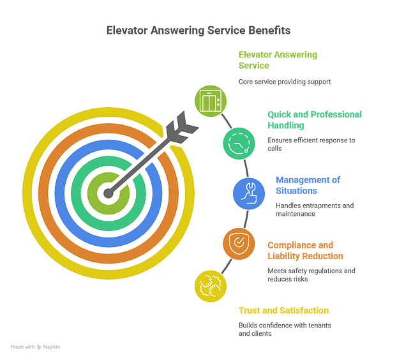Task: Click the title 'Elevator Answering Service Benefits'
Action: coord(198,30)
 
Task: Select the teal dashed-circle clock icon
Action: coord(237,143)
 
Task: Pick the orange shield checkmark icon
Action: coord(237,243)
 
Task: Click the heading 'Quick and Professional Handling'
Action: coord(315,121)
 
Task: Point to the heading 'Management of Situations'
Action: coord(308,185)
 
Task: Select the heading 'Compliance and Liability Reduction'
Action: coord(305,250)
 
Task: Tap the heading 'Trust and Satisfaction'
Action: coord(283,311)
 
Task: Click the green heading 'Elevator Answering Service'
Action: coord(278,60)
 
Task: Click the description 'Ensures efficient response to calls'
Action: coord(311,143)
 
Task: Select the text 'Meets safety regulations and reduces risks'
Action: coord(311,274)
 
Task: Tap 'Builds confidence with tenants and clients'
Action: coord(283,329)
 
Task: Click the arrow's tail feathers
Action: coord(179,126)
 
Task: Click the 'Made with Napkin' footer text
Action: coord(35,346)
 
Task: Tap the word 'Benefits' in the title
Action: coord(266,30)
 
